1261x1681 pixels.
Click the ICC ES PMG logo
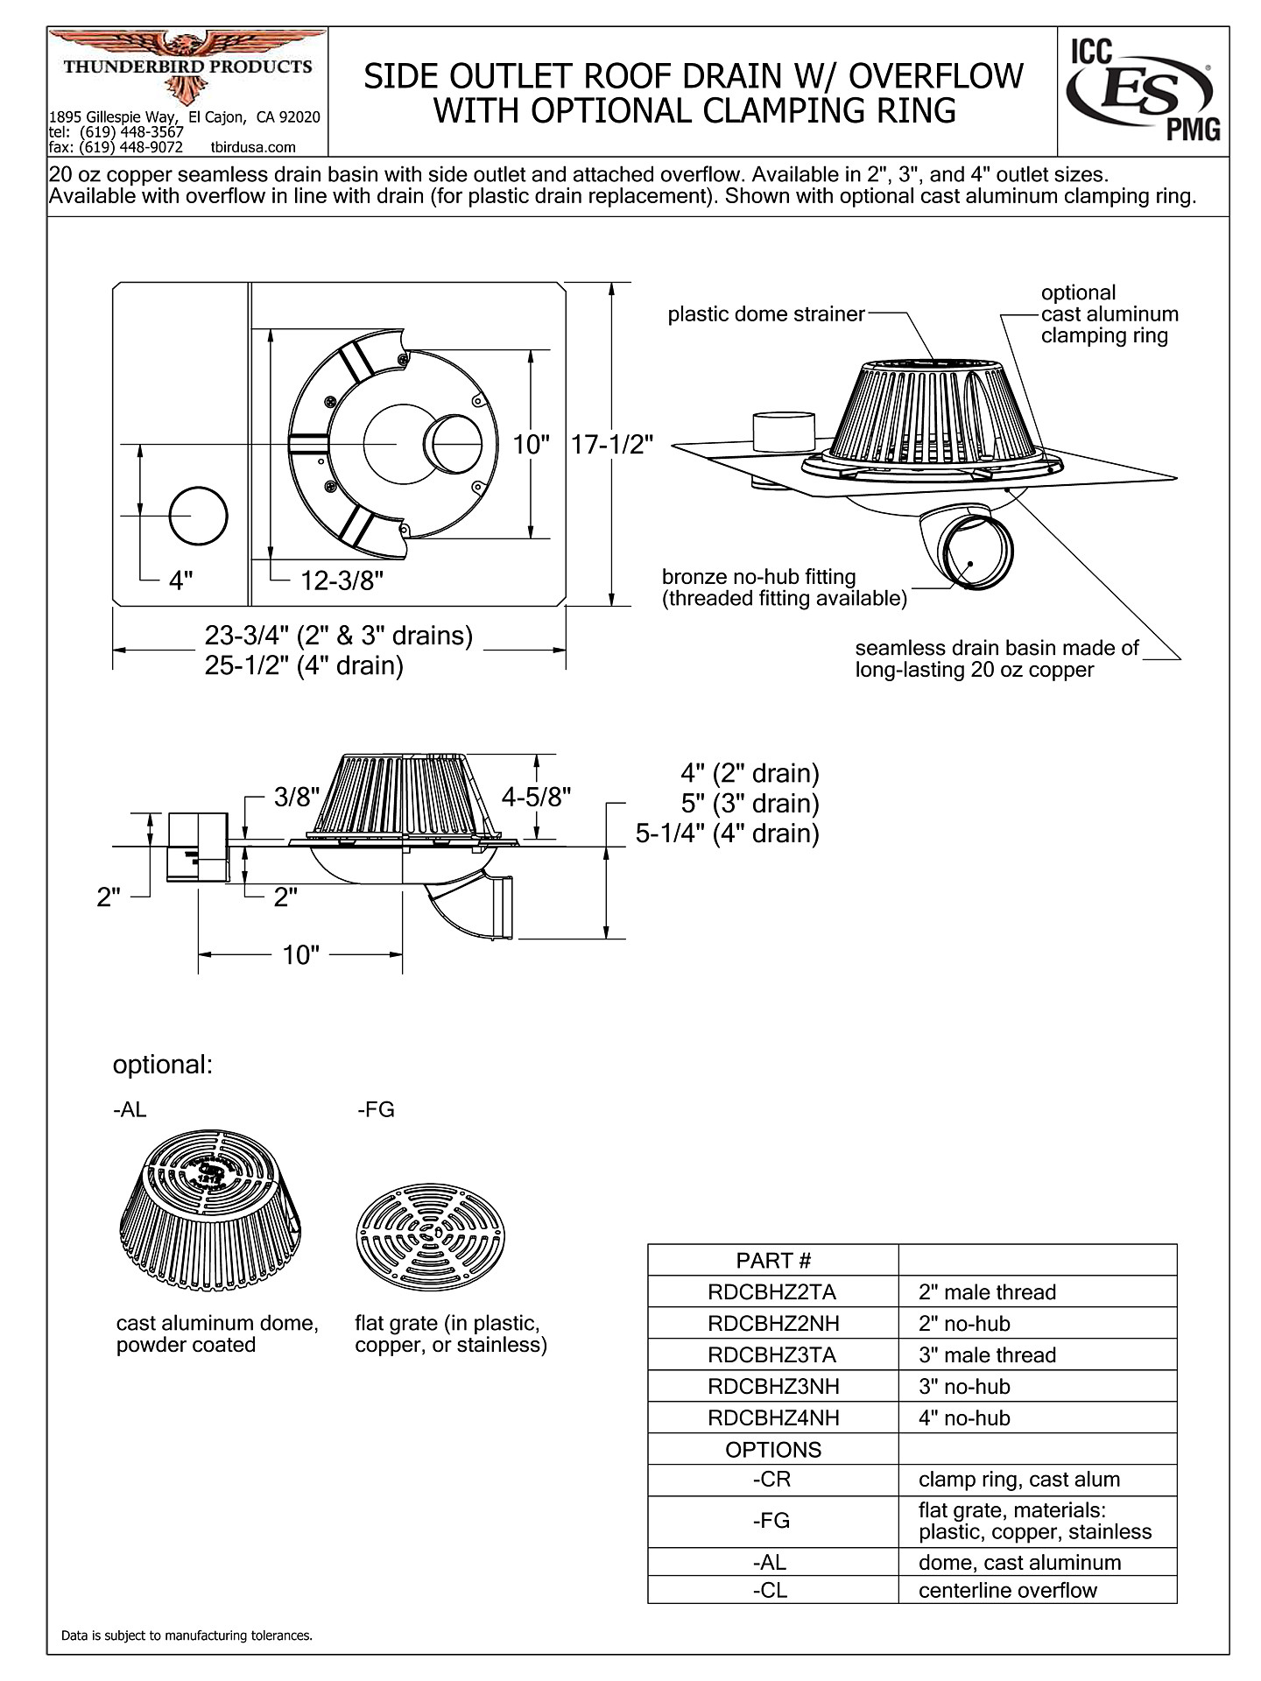click(x=1143, y=91)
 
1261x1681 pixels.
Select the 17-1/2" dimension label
click(x=612, y=445)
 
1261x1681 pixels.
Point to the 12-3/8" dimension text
click(x=342, y=580)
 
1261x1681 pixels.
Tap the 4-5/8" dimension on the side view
click(x=536, y=796)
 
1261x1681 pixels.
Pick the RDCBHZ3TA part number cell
click(x=772, y=1354)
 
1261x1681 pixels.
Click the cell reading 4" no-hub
click(x=964, y=1417)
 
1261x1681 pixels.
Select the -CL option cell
click(x=771, y=1590)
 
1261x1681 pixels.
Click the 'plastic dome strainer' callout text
click(x=766, y=314)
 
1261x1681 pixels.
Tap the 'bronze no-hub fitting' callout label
click(x=758, y=577)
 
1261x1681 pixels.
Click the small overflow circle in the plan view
click(x=198, y=517)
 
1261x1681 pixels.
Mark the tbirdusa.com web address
click(x=253, y=147)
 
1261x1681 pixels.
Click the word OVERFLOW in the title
click(x=936, y=77)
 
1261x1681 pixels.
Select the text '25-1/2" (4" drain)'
click(x=304, y=666)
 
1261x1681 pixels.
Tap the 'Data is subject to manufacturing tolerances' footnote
click(x=187, y=1635)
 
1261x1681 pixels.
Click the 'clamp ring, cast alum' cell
click(x=1019, y=1480)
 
